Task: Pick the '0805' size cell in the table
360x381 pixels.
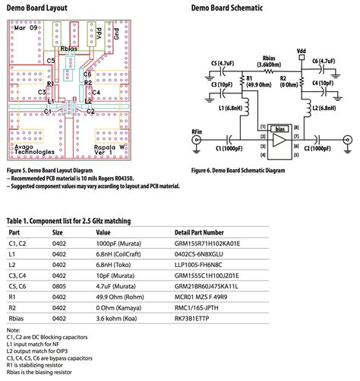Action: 58,288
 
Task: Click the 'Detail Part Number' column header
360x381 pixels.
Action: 199,232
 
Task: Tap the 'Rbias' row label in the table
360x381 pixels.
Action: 17,320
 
